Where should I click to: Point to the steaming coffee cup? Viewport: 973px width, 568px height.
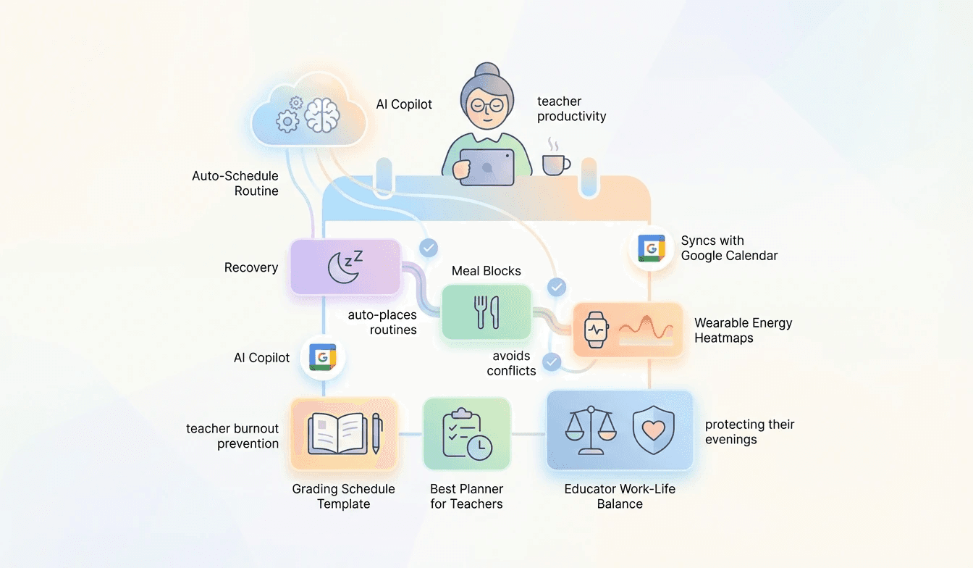tap(555, 163)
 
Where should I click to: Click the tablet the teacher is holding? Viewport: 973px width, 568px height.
tap(486, 167)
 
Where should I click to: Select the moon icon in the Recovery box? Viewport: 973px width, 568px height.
tap(343, 267)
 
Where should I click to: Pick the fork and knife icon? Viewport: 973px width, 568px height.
tap(485, 312)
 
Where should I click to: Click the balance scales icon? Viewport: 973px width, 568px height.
tap(590, 430)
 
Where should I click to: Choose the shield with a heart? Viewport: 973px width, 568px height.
tap(654, 430)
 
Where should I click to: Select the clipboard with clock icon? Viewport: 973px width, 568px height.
tap(466, 434)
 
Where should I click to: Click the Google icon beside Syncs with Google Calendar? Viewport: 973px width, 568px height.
tap(651, 248)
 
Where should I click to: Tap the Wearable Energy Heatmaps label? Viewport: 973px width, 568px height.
tap(743, 330)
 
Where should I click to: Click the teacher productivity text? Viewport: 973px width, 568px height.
tap(571, 109)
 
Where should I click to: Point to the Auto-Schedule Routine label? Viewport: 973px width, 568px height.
tap(235, 183)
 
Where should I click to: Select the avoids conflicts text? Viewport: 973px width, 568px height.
tap(511, 363)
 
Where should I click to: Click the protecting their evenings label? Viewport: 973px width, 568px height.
tap(749, 432)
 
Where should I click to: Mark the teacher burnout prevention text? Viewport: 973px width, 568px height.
tap(232, 436)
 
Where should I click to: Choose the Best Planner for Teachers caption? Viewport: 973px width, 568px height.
tap(466, 496)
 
